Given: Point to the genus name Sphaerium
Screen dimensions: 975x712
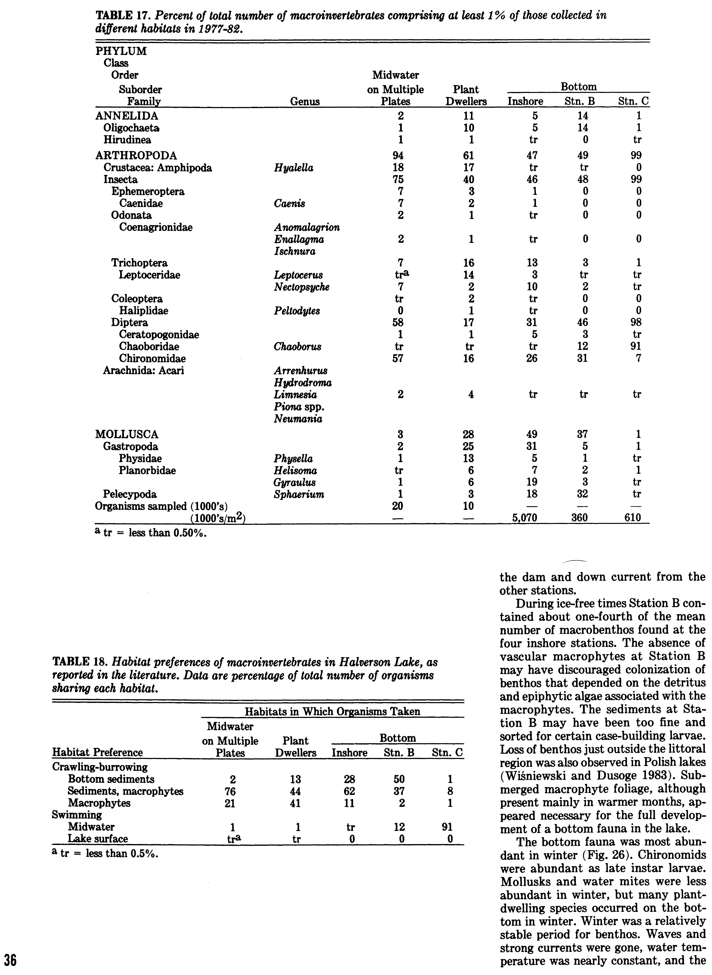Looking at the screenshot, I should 299,494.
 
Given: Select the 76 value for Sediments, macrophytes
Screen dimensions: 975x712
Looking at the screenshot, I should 230,791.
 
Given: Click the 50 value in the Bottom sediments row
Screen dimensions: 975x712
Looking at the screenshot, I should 399,779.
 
